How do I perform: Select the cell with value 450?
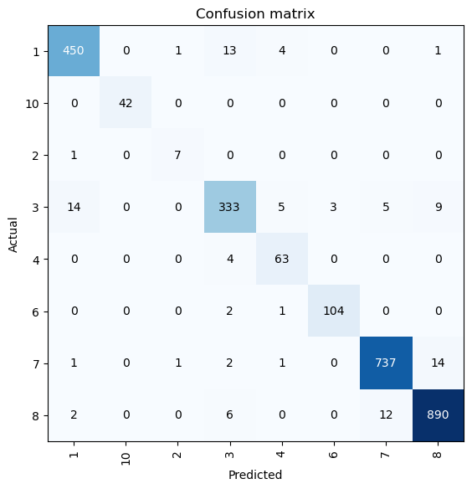[74, 52]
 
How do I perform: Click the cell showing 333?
[230, 208]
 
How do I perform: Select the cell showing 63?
[282, 260]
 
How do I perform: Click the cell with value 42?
[126, 104]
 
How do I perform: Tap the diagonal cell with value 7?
[178, 156]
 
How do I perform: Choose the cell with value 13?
[230, 52]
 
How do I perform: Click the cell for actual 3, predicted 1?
[74, 208]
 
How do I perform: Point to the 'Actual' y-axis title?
[13, 234]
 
